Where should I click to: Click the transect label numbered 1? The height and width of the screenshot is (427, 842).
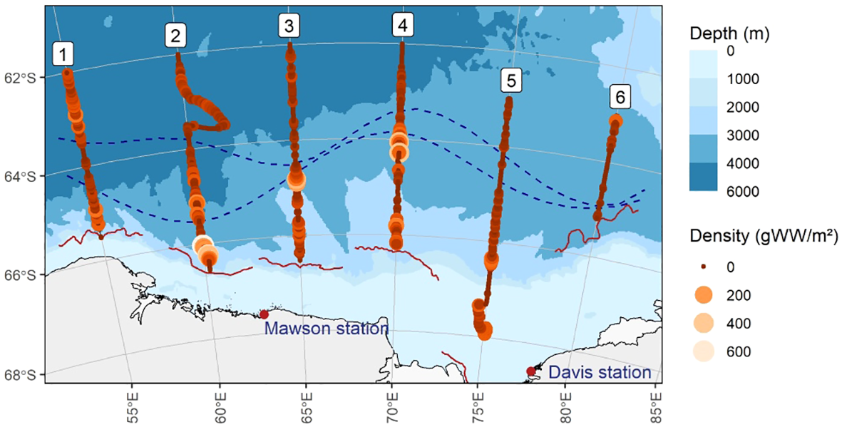tap(64, 53)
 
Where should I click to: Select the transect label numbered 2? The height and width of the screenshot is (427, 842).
tap(175, 34)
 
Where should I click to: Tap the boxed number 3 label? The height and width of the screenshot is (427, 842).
tap(288, 26)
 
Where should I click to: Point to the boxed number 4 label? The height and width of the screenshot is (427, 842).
tap(403, 26)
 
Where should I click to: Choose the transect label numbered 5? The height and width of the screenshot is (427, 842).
tap(510, 81)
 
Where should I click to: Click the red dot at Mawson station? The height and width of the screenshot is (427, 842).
tap(264, 314)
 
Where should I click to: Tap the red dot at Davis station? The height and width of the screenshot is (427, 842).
tap(530, 371)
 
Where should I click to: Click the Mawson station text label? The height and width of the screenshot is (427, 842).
tap(326, 329)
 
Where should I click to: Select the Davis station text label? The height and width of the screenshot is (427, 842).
tap(599, 372)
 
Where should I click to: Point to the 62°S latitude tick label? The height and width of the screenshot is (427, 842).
tap(26, 77)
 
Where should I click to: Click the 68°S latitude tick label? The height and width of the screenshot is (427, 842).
tap(26, 375)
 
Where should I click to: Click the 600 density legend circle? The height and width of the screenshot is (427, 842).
tap(704, 351)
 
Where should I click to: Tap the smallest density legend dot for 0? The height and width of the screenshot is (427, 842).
tap(704, 267)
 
